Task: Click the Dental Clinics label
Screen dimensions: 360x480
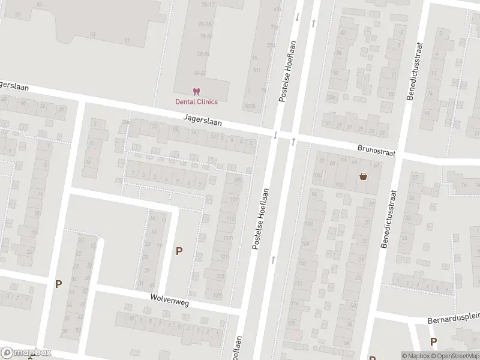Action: (x=196, y=101)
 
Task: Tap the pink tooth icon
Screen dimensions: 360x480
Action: (x=196, y=92)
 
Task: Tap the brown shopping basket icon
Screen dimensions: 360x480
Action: (x=363, y=176)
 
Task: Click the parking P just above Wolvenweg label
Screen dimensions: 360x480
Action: (x=179, y=251)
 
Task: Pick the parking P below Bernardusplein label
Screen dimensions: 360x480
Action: (x=433, y=341)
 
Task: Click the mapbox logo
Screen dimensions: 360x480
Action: (x=26, y=353)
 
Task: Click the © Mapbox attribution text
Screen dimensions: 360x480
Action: (x=415, y=356)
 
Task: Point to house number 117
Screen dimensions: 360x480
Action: (x=227, y=239)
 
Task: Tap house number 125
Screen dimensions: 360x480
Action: (x=220, y=277)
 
